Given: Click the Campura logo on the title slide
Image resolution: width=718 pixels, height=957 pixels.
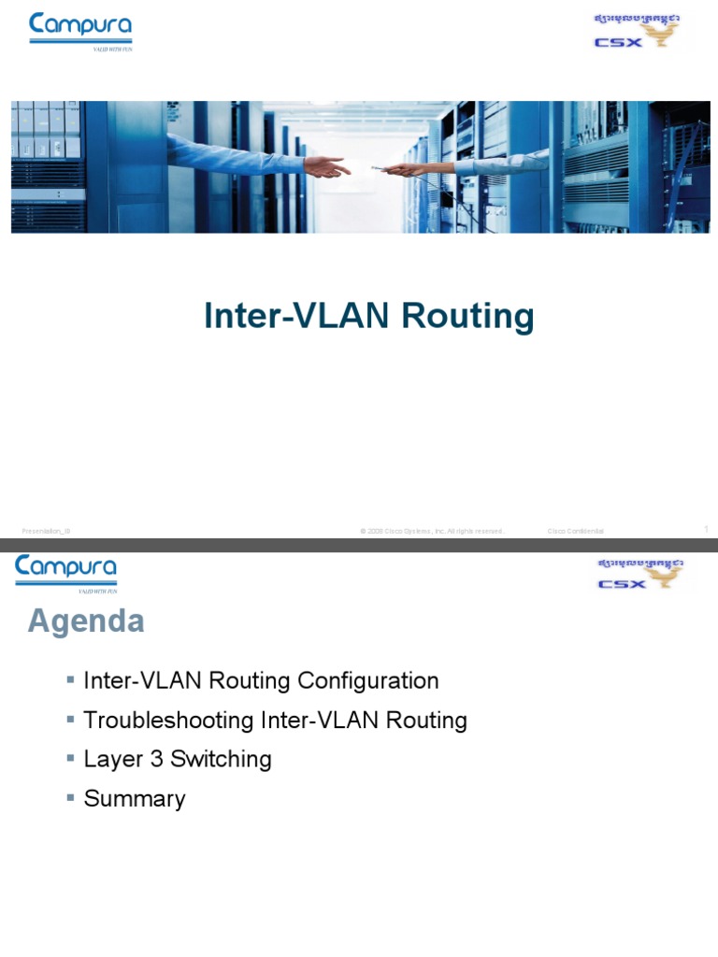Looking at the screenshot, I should [x=80, y=30].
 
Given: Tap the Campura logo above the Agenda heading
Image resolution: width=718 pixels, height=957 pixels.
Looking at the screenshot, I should [x=65, y=572].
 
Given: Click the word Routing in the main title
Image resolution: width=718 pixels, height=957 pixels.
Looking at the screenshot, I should [x=467, y=317].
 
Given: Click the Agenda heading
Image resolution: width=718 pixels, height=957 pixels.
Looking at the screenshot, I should [x=86, y=621].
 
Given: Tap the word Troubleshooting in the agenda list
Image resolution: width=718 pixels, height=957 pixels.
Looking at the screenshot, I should [x=169, y=721].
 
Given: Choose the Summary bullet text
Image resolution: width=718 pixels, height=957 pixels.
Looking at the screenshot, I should [x=135, y=799].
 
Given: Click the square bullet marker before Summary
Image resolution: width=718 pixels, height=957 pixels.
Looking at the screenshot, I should [x=71, y=797].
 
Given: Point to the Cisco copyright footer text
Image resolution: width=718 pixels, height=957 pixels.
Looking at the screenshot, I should [x=432, y=531].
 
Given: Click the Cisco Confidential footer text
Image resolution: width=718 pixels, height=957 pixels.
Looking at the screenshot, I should [x=575, y=531].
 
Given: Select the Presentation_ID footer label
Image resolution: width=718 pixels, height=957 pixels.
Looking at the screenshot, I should [x=47, y=531].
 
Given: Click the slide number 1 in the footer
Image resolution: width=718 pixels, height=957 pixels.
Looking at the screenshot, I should [x=706, y=529].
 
